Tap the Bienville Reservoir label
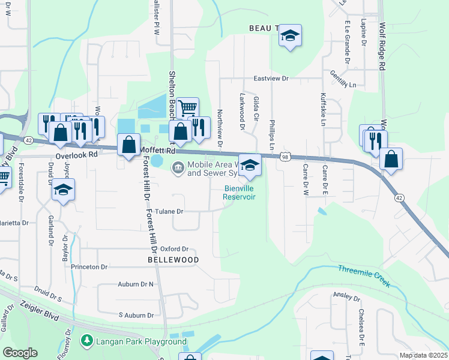pos(240,193)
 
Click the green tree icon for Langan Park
pos(87,341)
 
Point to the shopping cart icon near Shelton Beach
pos(188,109)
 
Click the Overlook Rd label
pos(76,154)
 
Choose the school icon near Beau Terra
pos(289,36)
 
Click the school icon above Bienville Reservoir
pos(250,165)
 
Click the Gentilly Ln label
pos(343,79)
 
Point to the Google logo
pos(20,352)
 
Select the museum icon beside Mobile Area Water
pos(178,167)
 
